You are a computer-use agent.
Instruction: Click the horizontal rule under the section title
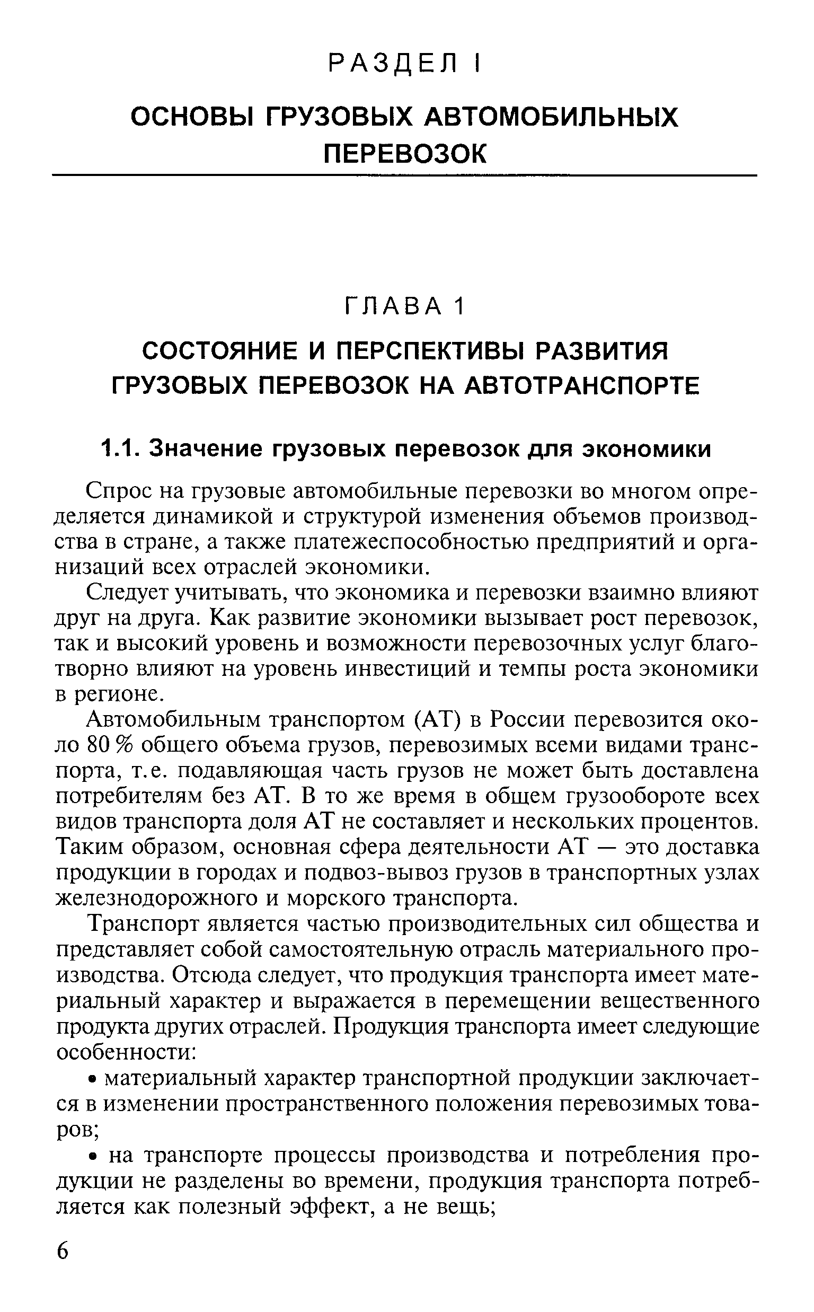pos(404,175)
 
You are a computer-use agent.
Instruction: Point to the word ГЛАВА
pos(393,307)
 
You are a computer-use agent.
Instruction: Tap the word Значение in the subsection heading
pos(207,448)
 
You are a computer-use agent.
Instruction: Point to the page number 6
pos(63,1263)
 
